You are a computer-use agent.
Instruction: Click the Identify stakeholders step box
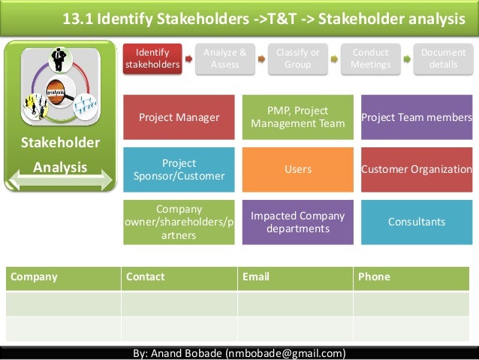[152, 58]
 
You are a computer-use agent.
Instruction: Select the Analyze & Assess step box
[225, 58]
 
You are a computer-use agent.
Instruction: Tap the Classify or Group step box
[297, 58]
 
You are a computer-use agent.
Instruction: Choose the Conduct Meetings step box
[370, 58]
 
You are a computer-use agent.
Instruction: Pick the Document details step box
[443, 58]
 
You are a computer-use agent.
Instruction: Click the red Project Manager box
[179, 117]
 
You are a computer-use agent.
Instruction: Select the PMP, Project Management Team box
[297, 117]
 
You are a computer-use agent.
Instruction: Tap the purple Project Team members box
[417, 117]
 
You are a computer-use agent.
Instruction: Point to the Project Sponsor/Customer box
[179, 169]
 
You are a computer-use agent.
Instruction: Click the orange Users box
[297, 169]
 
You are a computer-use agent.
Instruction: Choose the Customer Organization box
[417, 169]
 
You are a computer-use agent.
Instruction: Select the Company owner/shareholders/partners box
[179, 222]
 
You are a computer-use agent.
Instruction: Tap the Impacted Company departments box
[297, 222]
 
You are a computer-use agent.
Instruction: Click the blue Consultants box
[417, 222]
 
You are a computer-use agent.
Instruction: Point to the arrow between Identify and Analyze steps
[189, 58]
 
